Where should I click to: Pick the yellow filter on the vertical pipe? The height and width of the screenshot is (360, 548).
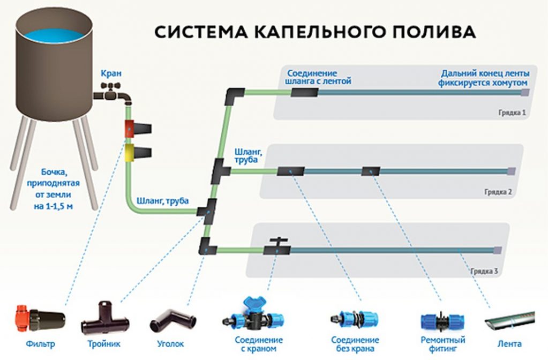click(x=130, y=151)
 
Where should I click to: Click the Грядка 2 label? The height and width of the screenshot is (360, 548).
click(x=499, y=191)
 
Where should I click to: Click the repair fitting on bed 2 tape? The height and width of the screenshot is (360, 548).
click(x=370, y=171)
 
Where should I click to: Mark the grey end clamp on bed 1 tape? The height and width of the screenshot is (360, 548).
click(x=526, y=93)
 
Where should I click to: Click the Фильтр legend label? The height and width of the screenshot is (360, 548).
click(x=42, y=343)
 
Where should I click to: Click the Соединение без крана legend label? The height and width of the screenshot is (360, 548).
click(x=355, y=344)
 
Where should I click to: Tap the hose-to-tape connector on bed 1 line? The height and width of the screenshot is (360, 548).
click(x=304, y=93)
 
